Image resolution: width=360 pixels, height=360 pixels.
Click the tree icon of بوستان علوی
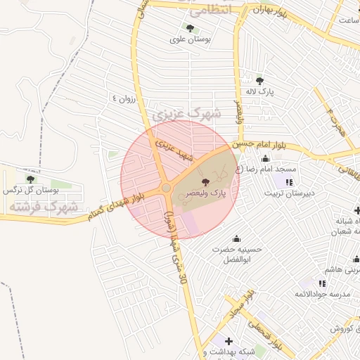[190, 29]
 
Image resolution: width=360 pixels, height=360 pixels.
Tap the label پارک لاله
[259, 91]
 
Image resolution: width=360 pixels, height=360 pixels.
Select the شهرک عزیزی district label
[186, 112]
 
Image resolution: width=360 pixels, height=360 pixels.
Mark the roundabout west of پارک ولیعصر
[167, 188]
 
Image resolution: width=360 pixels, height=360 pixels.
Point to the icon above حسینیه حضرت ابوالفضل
[236, 238]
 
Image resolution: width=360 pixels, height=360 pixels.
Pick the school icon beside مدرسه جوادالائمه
[322, 283]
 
